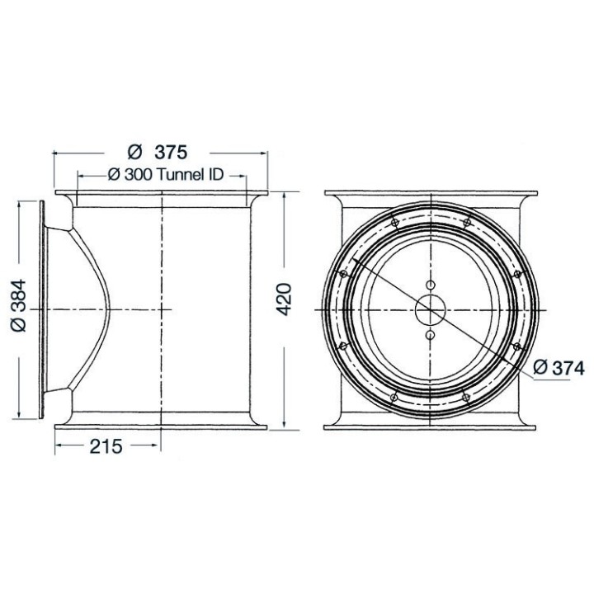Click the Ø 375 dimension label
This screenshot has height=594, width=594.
(x=158, y=153)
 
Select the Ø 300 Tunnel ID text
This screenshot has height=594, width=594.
(x=166, y=175)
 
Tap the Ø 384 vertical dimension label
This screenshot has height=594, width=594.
(x=18, y=305)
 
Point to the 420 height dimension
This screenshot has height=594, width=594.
(x=284, y=299)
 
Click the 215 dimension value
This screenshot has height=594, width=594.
(x=106, y=446)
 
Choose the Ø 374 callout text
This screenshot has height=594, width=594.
(x=559, y=368)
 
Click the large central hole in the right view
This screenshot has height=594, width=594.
(x=431, y=310)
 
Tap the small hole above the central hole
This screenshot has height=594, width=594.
(x=431, y=285)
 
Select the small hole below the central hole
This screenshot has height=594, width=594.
(x=431, y=335)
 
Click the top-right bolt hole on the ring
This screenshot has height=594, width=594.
(x=467, y=223)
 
